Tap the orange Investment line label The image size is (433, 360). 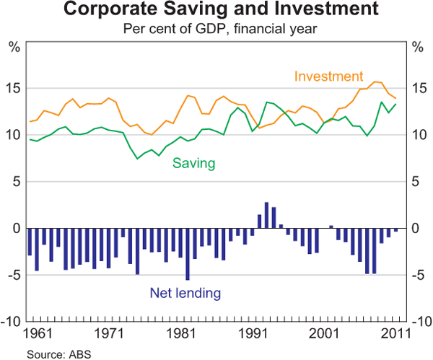pyautogui.click(x=328, y=76)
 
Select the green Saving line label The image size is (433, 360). pyautogui.click(x=193, y=163)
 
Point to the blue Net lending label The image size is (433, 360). pyautogui.click(x=185, y=293)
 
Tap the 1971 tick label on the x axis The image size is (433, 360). pyautogui.click(x=110, y=334)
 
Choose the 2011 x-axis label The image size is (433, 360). pyautogui.click(x=396, y=334)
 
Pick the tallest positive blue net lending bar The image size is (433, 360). pyautogui.click(x=266, y=215)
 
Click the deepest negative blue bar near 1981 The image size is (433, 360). pyautogui.click(x=188, y=254)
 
